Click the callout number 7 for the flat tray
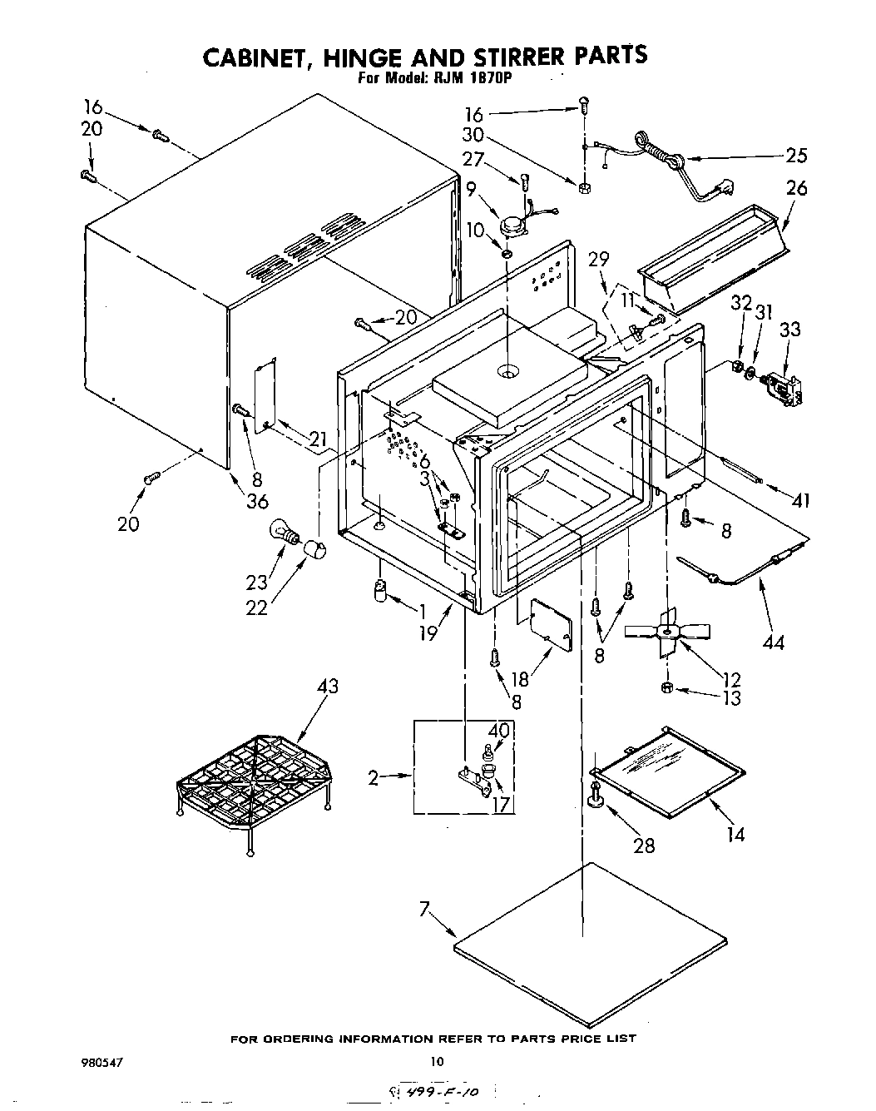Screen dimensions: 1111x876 [x=427, y=911]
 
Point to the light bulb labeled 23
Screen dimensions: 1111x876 [x=284, y=534]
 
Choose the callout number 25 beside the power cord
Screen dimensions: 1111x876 [x=796, y=155]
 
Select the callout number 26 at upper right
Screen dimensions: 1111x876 [x=796, y=189]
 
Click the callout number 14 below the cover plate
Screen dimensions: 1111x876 [x=735, y=834]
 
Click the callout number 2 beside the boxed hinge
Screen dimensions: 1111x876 [x=374, y=778]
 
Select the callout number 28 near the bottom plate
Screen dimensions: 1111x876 [x=644, y=846]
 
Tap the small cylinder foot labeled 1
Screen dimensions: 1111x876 [x=379, y=593]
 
